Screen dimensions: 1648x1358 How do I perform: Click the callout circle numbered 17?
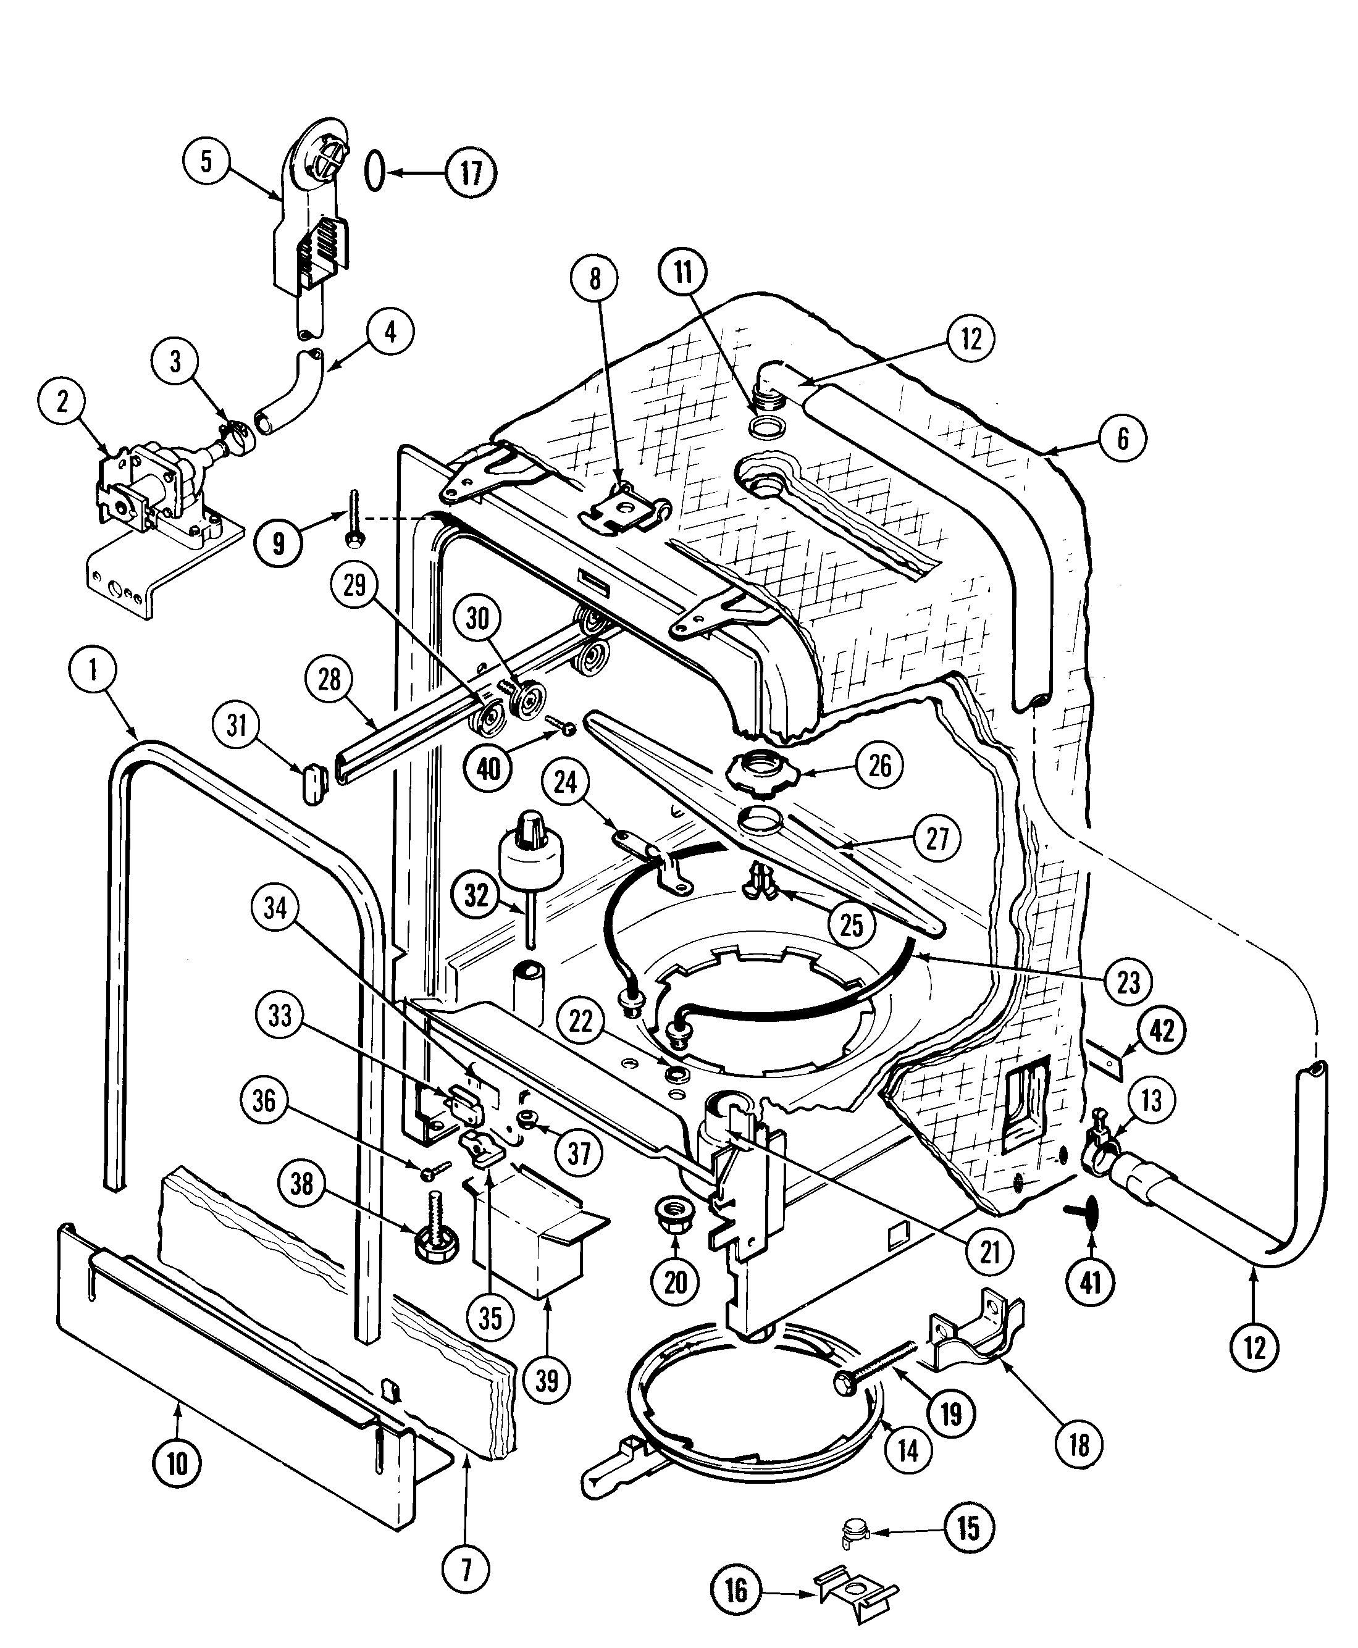(471, 172)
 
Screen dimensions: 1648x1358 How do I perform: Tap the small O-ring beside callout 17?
(375, 170)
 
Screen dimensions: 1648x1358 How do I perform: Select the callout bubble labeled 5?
(206, 162)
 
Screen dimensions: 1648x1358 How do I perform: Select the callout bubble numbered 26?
(880, 765)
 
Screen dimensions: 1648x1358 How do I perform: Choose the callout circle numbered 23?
(1128, 982)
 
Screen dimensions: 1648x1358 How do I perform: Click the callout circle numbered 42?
(1162, 1031)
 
